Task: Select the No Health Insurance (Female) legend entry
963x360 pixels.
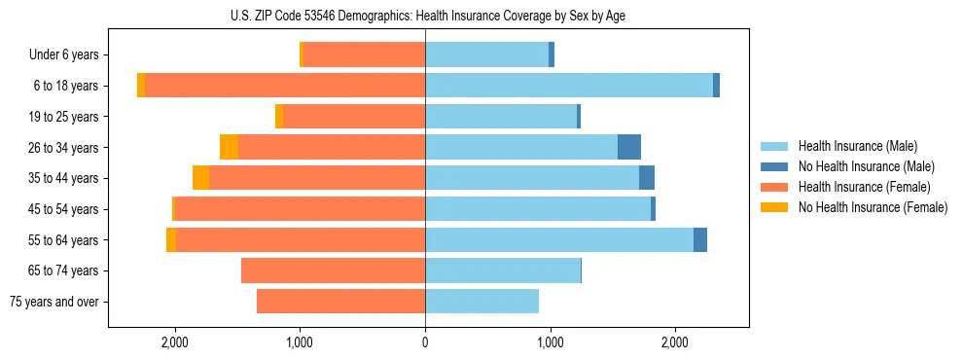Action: click(872, 207)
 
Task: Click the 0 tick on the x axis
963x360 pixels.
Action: click(425, 342)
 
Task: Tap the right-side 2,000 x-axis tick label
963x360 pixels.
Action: click(675, 342)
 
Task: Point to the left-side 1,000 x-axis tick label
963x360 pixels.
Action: click(300, 342)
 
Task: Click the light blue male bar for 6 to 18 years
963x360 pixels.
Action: click(569, 86)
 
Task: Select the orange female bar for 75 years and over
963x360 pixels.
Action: click(340, 302)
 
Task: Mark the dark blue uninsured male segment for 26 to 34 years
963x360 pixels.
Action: click(629, 147)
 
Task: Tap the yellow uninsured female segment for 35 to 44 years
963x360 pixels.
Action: click(200, 178)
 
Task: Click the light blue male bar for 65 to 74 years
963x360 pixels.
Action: click(503, 270)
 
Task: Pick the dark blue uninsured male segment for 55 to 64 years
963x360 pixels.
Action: click(700, 239)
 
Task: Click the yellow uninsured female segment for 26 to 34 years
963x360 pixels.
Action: click(229, 147)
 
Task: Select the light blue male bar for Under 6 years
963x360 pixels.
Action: click(486, 54)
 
